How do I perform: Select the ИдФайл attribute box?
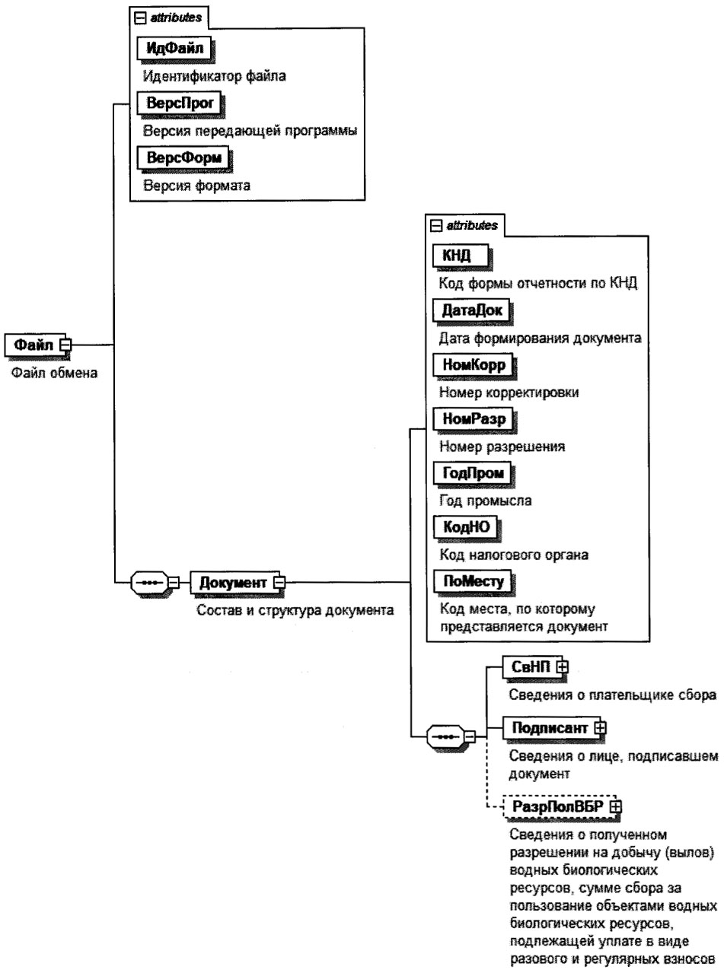coord(173,51)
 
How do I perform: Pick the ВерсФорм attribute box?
coord(182,157)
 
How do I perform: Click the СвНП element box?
coord(530,666)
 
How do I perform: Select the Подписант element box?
coord(548,728)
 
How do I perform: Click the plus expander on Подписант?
coord(600,728)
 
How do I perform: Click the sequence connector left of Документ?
coord(149,583)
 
